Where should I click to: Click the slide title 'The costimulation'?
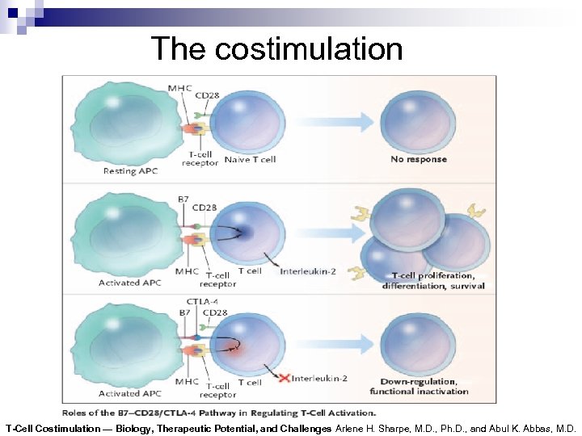tap(276, 49)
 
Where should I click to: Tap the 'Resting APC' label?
tap(130, 171)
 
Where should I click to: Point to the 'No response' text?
tap(419, 160)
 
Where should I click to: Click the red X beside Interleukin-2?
tap(283, 377)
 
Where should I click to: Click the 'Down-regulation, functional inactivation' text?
tap(419, 386)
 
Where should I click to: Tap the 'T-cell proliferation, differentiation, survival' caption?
tap(433, 280)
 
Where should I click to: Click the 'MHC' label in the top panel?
tap(179, 87)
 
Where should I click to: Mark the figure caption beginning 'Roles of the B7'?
tap(219, 413)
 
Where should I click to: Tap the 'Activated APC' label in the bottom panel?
tap(130, 393)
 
